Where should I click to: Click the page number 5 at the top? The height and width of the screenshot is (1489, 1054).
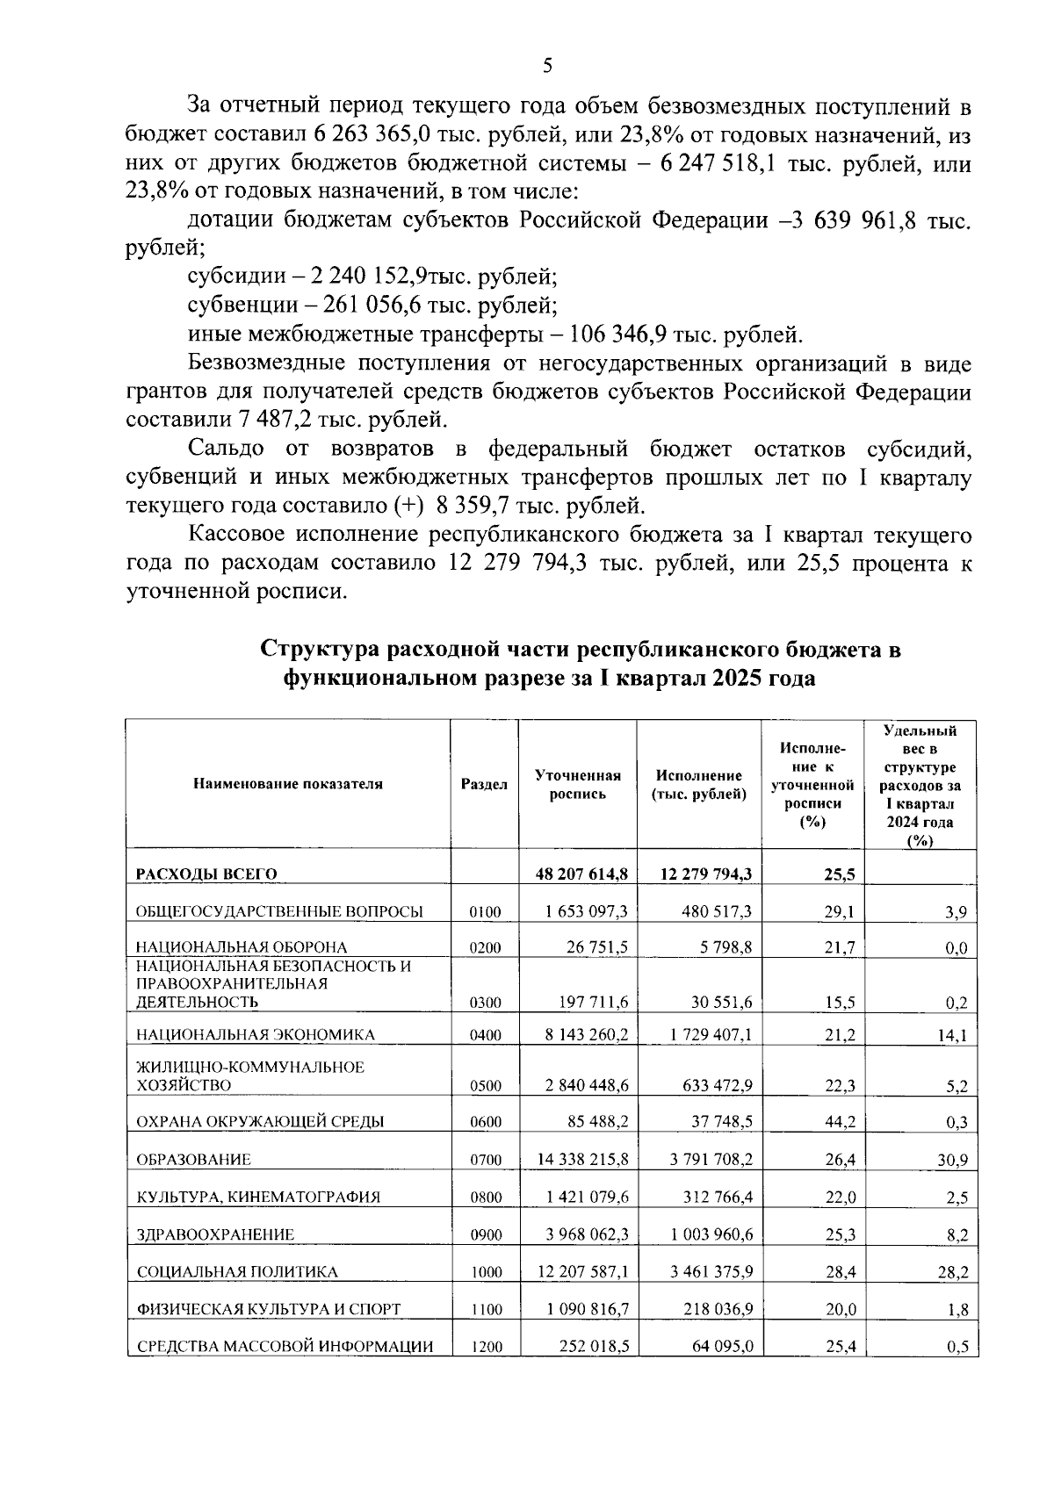point(548,66)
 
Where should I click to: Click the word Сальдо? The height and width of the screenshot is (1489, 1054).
point(226,449)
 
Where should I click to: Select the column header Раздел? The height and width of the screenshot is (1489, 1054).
point(484,784)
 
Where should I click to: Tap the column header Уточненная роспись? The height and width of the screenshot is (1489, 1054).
point(577,784)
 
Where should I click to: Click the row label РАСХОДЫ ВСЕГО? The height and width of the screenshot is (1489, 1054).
point(206,874)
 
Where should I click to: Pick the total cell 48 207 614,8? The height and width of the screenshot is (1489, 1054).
point(581,874)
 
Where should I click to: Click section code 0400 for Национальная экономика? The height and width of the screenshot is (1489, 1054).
point(485,1035)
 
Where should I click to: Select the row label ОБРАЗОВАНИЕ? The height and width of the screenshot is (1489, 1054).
point(193,1160)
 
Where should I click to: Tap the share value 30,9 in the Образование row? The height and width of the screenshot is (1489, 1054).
point(951,1160)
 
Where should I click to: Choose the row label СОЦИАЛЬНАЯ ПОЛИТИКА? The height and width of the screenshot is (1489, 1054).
point(236,1271)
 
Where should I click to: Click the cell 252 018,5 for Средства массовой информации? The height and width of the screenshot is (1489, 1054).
point(593,1346)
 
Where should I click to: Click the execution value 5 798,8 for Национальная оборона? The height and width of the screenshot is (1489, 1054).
point(726,947)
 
